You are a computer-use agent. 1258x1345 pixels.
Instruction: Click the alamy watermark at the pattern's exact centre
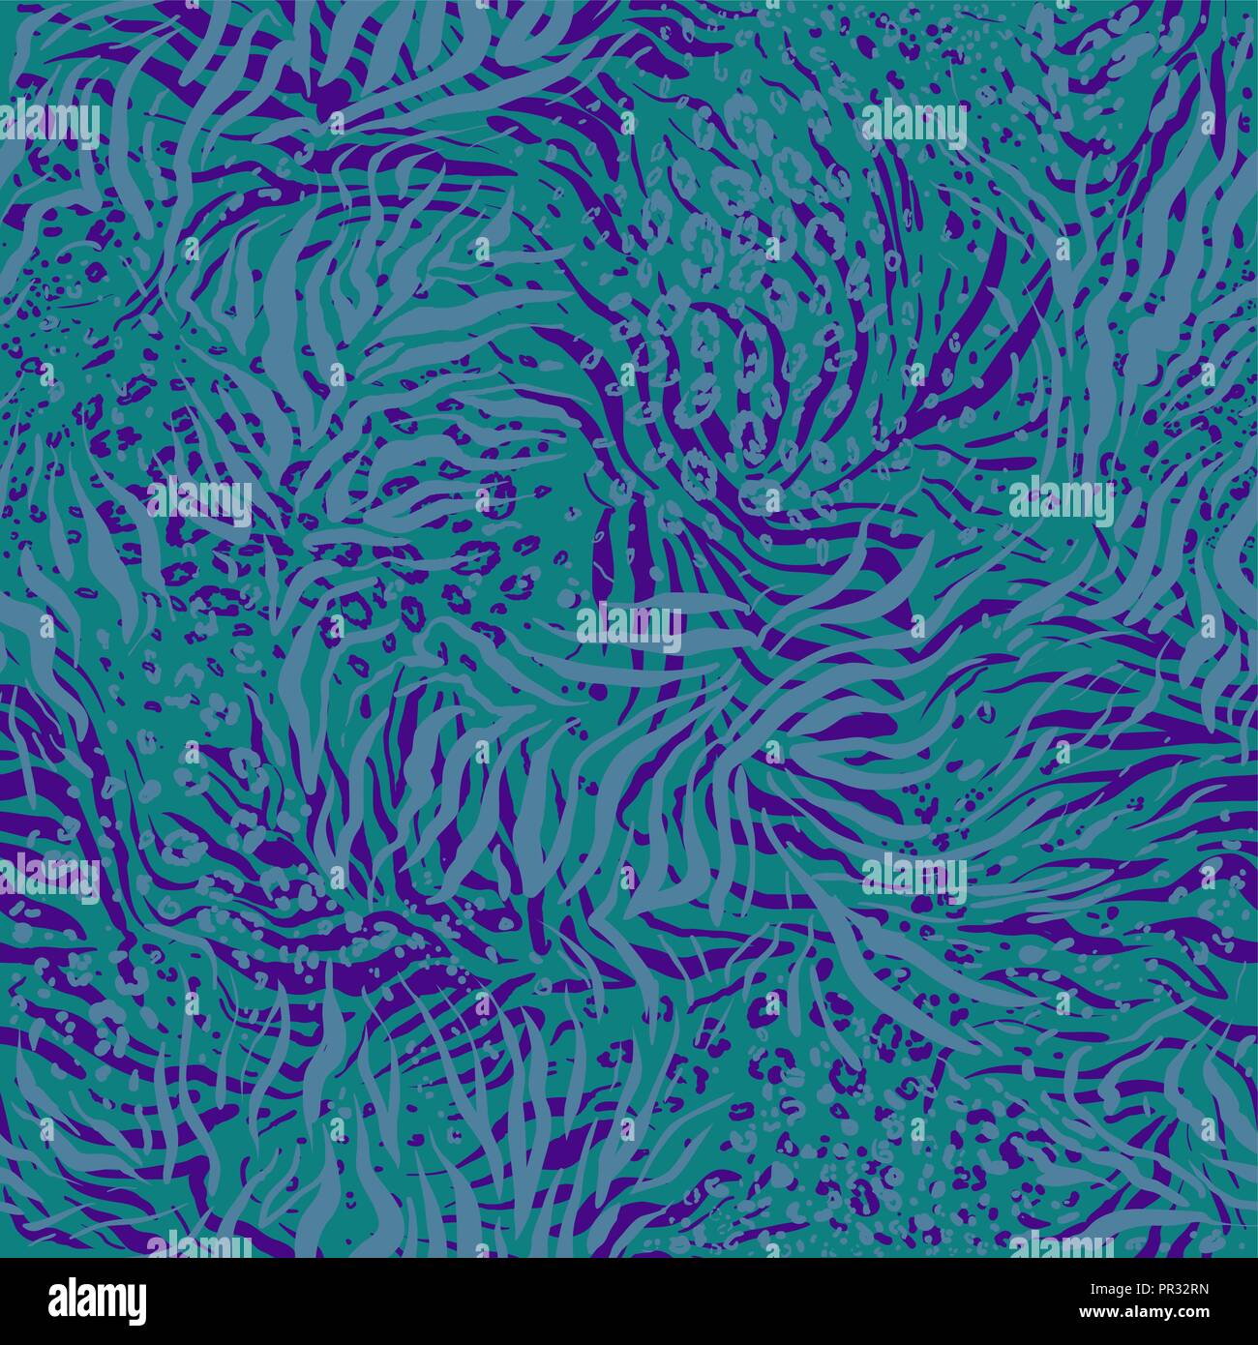pyautogui.click(x=629, y=621)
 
